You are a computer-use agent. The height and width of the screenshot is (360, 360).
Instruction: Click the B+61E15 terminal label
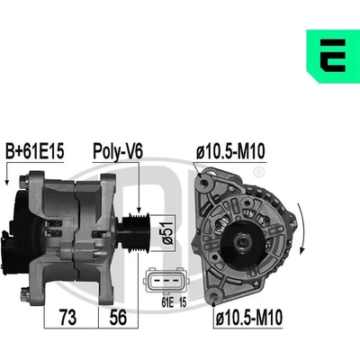coord(35,151)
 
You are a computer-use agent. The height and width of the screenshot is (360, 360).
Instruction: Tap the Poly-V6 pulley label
coord(117,152)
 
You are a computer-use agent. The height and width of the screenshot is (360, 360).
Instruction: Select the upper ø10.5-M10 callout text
coord(230,151)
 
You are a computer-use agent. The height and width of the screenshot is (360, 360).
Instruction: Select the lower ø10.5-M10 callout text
coord(249,318)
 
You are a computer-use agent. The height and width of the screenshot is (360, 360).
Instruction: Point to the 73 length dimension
coord(68,318)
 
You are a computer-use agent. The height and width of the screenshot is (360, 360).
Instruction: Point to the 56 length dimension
coord(118,318)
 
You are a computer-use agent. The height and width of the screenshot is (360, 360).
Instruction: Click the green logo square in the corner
coord(333,56)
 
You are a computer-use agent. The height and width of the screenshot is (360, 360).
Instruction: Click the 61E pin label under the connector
coord(167,302)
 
